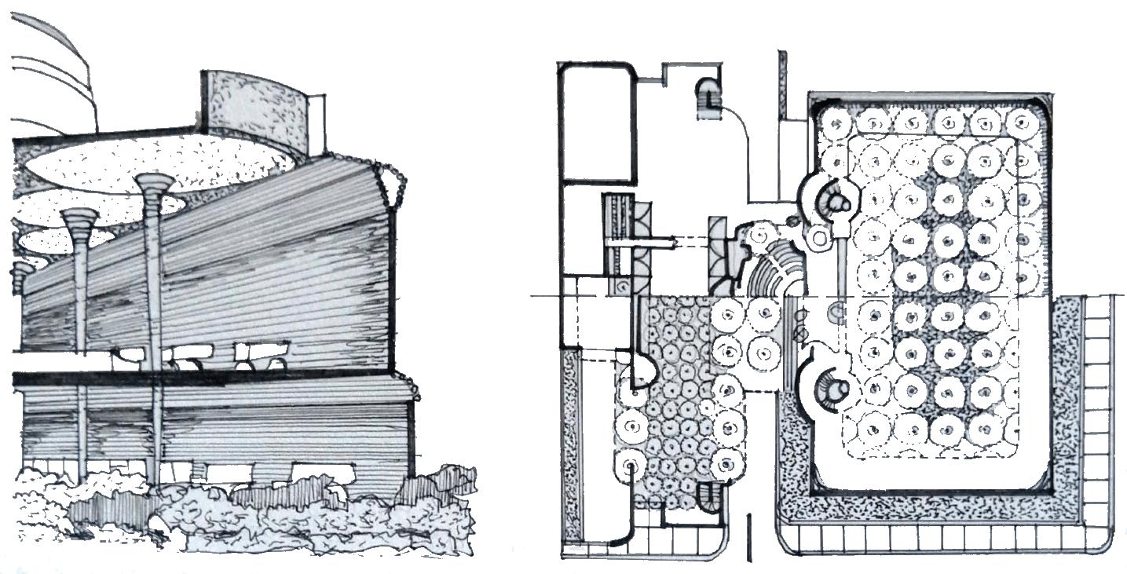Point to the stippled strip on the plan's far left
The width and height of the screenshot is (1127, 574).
click(573, 448)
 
